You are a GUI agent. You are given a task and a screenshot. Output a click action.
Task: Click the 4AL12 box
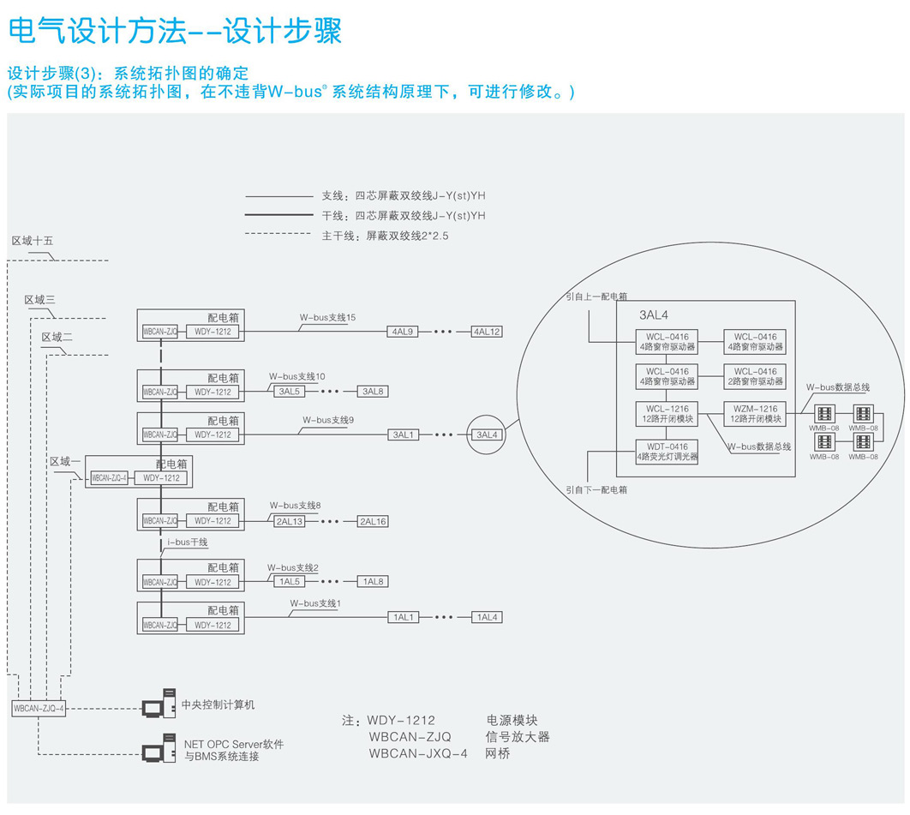pyautogui.click(x=487, y=332)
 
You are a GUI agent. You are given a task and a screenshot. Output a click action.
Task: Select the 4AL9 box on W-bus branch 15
pyautogui.click(x=404, y=332)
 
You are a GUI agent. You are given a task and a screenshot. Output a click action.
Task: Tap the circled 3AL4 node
pyautogui.click(x=487, y=434)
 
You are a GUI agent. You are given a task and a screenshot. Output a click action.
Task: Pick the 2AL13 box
pyautogui.click(x=290, y=521)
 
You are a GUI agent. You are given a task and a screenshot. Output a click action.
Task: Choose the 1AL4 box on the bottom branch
pyautogui.click(x=487, y=617)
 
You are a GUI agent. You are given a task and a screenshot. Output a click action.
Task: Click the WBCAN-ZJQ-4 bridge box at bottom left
pyautogui.click(x=39, y=708)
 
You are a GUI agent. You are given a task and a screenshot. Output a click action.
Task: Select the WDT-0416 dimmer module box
pyautogui.click(x=668, y=452)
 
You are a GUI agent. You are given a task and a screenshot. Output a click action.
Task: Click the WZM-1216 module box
pyautogui.click(x=756, y=414)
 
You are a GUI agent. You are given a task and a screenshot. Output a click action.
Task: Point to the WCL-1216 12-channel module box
pyautogui.click(x=668, y=414)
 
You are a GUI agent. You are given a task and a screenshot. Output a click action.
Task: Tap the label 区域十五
pyautogui.click(x=33, y=241)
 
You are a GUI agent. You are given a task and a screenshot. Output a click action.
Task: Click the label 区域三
pyautogui.click(x=39, y=300)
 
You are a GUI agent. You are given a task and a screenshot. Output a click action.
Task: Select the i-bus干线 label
pyautogui.click(x=187, y=542)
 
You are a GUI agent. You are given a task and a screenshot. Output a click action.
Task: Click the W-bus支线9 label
pyautogui.click(x=327, y=421)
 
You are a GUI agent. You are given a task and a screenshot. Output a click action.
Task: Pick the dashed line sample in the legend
pyautogui.click(x=278, y=234)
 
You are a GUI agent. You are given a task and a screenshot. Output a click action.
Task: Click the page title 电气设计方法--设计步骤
pyautogui.click(x=175, y=31)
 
